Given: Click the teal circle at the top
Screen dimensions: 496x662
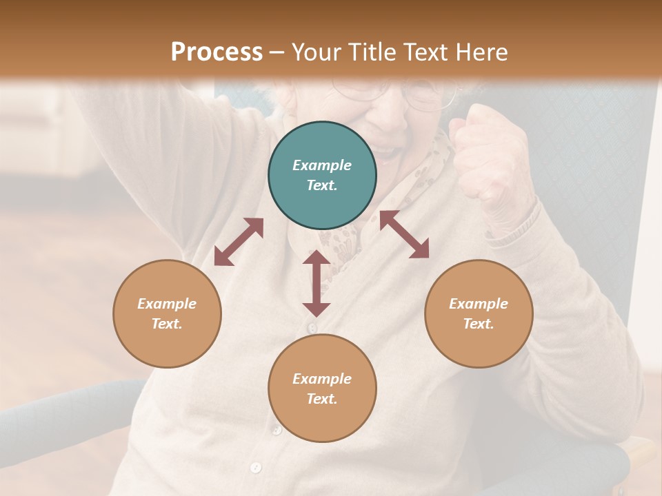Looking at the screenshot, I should pyautogui.click(x=322, y=176).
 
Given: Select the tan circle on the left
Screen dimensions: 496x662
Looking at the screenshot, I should pyautogui.click(x=167, y=313).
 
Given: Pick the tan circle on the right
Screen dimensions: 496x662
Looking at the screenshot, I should pyautogui.click(x=479, y=313).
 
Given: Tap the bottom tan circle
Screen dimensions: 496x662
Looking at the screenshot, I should pyautogui.click(x=322, y=388).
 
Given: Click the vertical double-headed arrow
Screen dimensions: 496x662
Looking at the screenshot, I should pyautogui.click(x=317, y=283).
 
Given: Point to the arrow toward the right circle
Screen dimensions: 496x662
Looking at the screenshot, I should pyautogui.click(x=404, y=234).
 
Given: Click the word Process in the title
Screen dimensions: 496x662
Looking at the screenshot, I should pyautogui.click(x=217, y=52).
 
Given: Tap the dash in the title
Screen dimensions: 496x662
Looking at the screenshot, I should pyautogui.click(x=277, y=52).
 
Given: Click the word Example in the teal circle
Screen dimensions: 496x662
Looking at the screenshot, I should pyautogui.click(x=322, y=165).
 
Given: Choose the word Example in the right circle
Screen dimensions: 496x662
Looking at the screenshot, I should pyautogui.click(x=479, y=304).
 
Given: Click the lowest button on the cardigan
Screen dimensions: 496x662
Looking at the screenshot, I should pyautogui.click(x=256, y=468).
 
